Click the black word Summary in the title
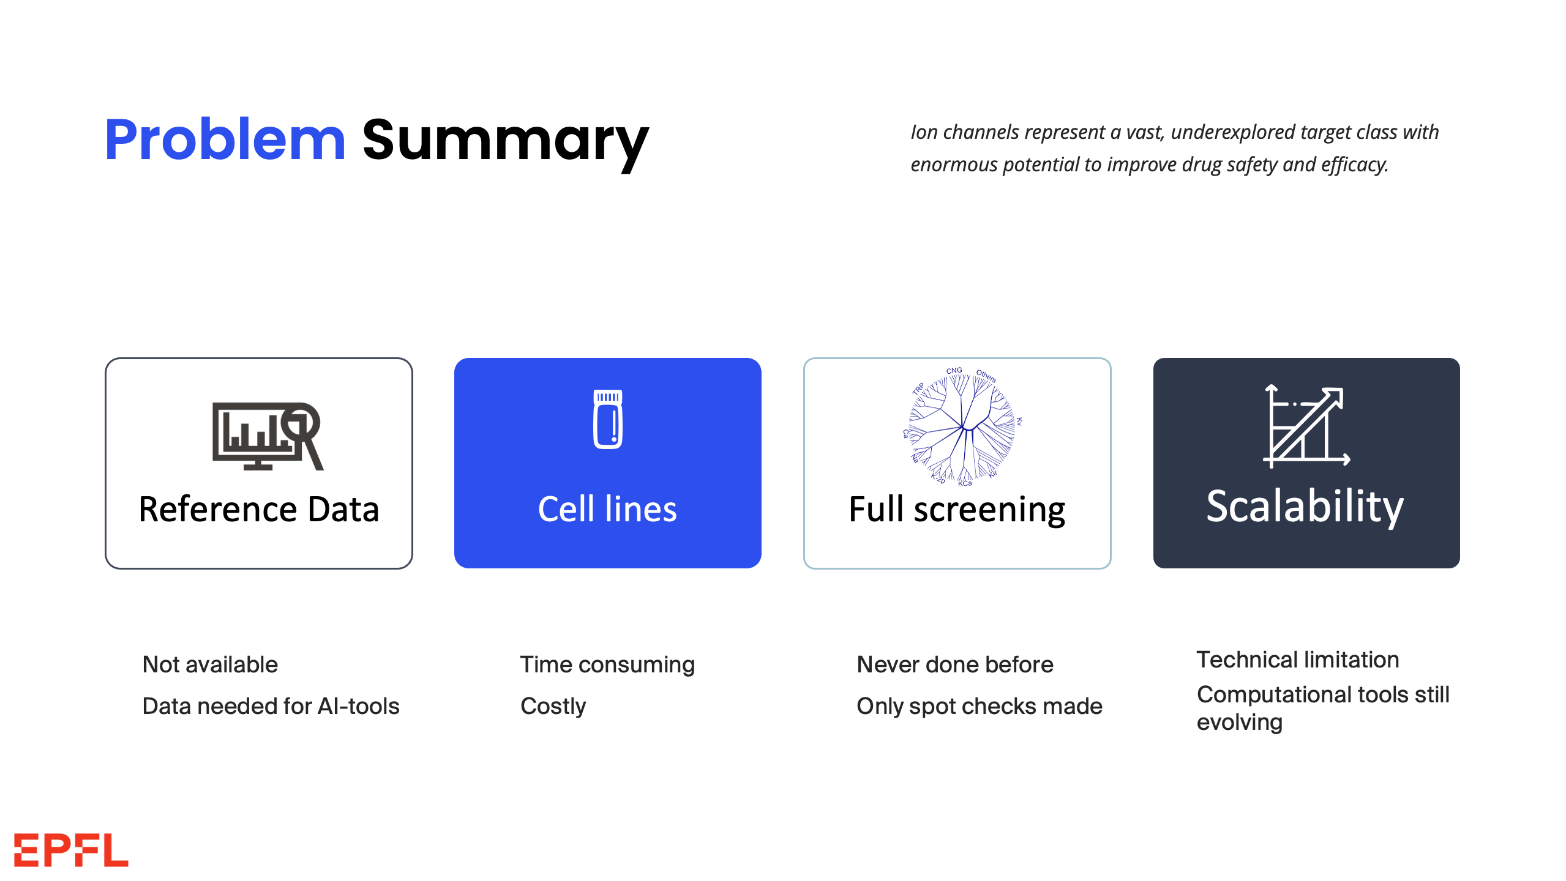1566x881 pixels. pyautogui.click(x=505, y=142)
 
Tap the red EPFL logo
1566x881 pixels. pyautogui.click(x=71, y=850)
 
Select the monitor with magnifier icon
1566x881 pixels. pyautogui.click(x=267, y=436)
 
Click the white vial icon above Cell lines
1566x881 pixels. pyautogui.click(x=607, y=419)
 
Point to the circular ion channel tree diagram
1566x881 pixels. pyautogui.click(x=962, y=427)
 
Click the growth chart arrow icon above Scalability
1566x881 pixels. pyautogui.click(x=1306, y=426)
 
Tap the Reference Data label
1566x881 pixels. pyautogui.click(x=259, y=509)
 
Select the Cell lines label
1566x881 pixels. pyautogui.click(x=607, y=509)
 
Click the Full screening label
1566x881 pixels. pyautogui.click(x=957, y=510)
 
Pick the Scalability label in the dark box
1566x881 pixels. pyautogui.click(x=1305, y=507)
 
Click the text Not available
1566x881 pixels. pyautogui.click(x=210, y=664)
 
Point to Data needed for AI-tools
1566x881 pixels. pyautogui.click(x=271, y=706)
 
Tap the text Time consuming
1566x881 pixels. pyautogui.click(x=607, y=664)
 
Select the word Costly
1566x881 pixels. pyautogui.click(x=553, y=706)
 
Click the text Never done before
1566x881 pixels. pyautogui.click(x=955, y=664)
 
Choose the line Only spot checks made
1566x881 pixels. pyautogui.click(x=979, y=706)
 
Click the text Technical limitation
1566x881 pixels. pyautogui.click(x=1298, y=660)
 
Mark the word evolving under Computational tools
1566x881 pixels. pyautogui.click(x=1239, y=723)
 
